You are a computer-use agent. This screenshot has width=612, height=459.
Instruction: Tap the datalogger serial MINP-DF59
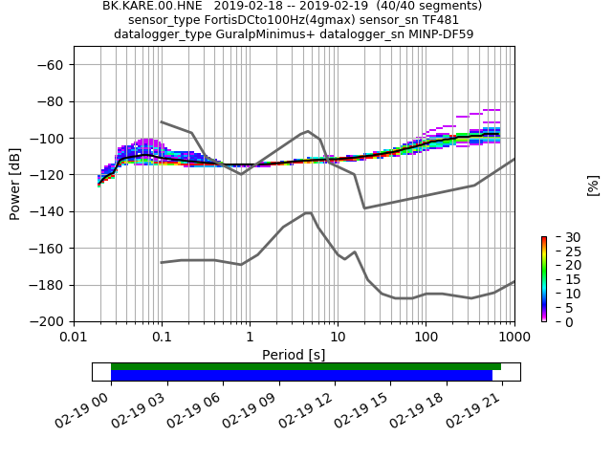pyautogui.click(x=441, y=34)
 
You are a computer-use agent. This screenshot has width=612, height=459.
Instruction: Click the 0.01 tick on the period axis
pyautogui.click(x=74, y=338)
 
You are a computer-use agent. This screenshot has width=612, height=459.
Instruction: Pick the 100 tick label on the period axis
pyautogui.click(x=426, y=338)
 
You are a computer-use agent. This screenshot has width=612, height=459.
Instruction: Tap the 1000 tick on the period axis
pyautogui.click(x=514, y=338)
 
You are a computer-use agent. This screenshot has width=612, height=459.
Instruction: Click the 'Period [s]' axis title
pyautogui.click(x=294, y=355)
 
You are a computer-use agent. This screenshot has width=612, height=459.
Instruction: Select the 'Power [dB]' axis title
pyautogui.click(x=15, y=184)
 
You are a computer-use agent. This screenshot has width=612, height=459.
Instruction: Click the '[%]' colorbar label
pyautogui.click(x=593, y=185)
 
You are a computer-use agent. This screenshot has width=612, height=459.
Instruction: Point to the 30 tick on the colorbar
pyautogui.click(x=559, y=237)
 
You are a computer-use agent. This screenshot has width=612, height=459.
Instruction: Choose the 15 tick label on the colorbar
pyautogui.click(x=559, y=279)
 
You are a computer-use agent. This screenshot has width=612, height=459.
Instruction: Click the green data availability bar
pyautogui.click(x=306, y=366)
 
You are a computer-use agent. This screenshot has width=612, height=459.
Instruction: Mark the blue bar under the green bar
pyautogui.click(x=301, y=376)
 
